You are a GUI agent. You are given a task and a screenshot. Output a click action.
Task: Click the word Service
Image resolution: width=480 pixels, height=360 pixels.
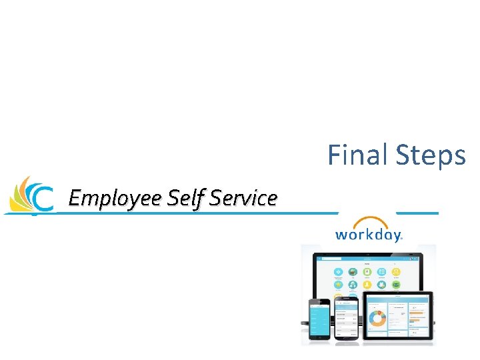click(x=243, y=198)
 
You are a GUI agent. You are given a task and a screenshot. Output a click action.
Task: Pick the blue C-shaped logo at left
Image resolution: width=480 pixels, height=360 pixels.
click(x=42, y=198)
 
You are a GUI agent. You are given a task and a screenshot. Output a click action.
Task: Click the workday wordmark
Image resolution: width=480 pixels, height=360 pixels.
click(x=368, y=235)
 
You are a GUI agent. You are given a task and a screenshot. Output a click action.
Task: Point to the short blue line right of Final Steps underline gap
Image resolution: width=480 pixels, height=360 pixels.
click(x=417, y=213)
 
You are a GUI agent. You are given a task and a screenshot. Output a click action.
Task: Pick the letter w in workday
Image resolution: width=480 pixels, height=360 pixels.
click(x=341, y=235)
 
